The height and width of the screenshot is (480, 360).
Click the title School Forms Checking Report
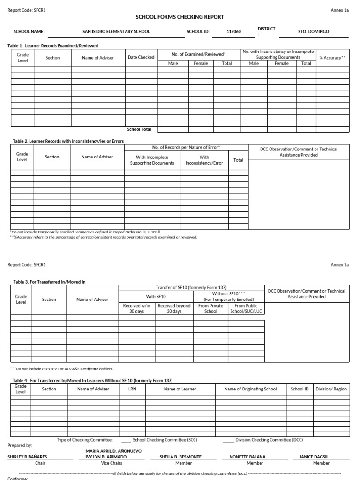[180, 17]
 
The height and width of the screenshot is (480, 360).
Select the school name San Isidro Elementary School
[116, 32]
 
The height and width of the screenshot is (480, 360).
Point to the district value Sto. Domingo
[314, 32]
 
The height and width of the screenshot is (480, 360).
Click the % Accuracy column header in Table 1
[332, 57]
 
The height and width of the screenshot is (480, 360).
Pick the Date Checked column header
[141, 57]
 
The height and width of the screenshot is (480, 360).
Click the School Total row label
[139, 129]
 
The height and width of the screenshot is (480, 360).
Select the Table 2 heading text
[66, 141]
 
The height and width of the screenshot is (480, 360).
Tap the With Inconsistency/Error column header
[204, 160]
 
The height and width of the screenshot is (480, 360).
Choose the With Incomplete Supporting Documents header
[152, 160]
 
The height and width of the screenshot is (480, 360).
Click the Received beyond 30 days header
[174, 308]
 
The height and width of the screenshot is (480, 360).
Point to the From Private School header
[210, 308]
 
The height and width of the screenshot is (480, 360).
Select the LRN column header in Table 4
[132, 389]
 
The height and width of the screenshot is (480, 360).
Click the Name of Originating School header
[250, 389]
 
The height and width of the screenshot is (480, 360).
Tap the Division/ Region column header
[331, 389]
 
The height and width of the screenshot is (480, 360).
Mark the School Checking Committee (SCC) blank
[126, 440]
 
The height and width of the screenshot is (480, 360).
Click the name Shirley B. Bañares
[27, 457]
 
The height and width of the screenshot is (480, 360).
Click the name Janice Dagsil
[321, 457]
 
